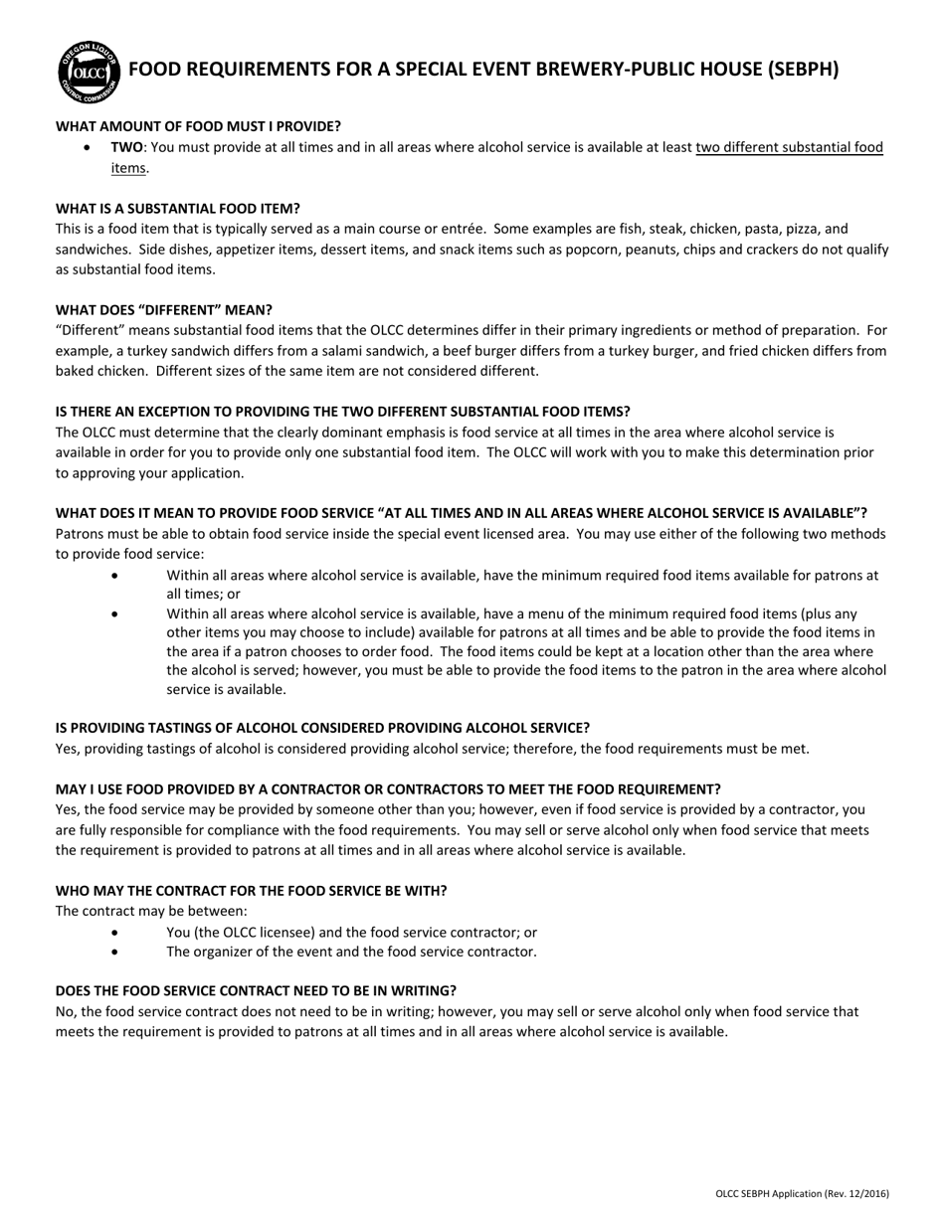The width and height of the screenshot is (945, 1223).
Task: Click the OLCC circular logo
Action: [90, 72]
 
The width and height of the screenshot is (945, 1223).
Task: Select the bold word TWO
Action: [127, 147]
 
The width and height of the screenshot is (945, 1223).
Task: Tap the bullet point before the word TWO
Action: [91, 147]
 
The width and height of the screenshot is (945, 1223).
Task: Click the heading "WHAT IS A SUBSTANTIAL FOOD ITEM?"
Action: [177, 209]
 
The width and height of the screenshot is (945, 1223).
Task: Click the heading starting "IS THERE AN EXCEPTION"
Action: [342, 412]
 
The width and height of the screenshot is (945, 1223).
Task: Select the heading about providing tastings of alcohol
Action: [322, 728]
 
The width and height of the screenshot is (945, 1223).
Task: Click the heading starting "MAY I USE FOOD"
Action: [388, 788]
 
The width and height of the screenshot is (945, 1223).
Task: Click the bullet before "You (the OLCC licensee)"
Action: [116, 933]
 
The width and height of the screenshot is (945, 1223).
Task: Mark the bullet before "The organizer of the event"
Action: [116, 952]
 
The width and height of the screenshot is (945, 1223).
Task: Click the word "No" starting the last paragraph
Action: [65, 1011]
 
